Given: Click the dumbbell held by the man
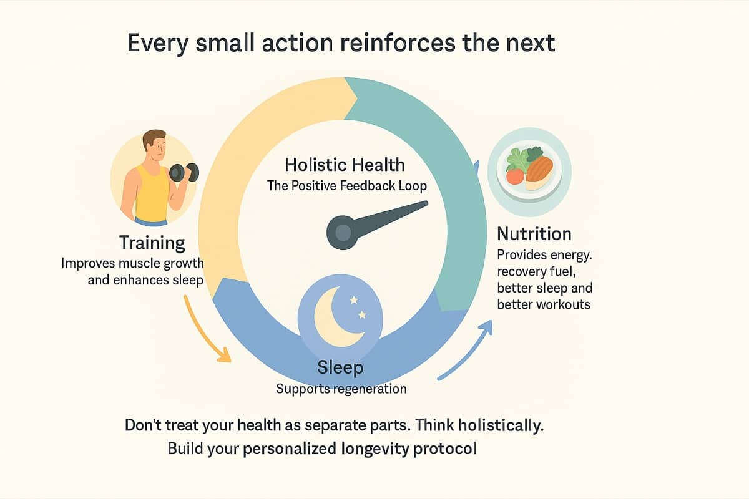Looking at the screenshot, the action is pos(184,172).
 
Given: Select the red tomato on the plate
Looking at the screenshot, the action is pos(514,176).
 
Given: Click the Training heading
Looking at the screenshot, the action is pos(152,243).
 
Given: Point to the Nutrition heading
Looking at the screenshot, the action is pos(534,234).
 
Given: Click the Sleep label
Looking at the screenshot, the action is pos(340,367).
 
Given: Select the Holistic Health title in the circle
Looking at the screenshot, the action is pos(345,165).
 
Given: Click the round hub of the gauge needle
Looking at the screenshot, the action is pos(343,233).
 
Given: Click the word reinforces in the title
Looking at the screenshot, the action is pos(398,43).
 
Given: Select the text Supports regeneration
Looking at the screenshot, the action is pos(341,389).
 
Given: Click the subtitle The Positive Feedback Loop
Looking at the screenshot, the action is pos(347,186).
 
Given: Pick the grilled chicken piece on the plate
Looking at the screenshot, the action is pos(539,172).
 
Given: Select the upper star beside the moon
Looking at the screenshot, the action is pos(353,300).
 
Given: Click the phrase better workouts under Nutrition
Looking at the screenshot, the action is pos(544,304).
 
